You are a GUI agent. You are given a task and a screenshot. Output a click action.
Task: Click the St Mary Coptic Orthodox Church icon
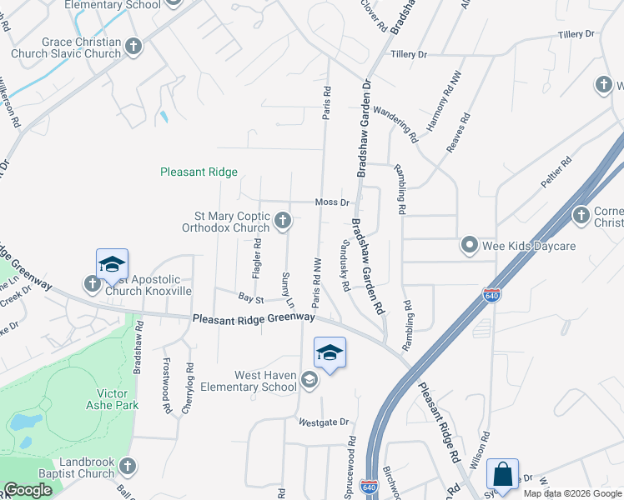click(x=283, y=221)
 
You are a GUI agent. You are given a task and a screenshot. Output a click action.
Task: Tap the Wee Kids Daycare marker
click(x=470, y=246)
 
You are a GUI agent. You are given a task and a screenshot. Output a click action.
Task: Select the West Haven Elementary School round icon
click(x=309, y=381)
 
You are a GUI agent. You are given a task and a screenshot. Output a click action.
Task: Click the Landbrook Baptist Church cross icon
click(x=127, y=466)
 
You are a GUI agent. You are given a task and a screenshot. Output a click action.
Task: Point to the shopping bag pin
click(x=502, y=476)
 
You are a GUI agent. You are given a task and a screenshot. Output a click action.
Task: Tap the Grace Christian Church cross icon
click(x=133, y=44)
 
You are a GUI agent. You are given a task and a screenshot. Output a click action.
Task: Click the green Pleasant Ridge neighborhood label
click(x=199, y=172)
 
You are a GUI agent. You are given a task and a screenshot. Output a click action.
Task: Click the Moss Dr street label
click(x=331, y=202)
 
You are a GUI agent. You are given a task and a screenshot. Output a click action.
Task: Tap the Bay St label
click(x=250, y=297)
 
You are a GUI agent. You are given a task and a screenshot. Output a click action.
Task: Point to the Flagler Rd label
click(x=258, y=258)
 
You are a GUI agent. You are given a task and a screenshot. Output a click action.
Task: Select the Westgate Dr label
click(x=324, y=422)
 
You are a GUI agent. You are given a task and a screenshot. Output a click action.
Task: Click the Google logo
click(x=28, y=490)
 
